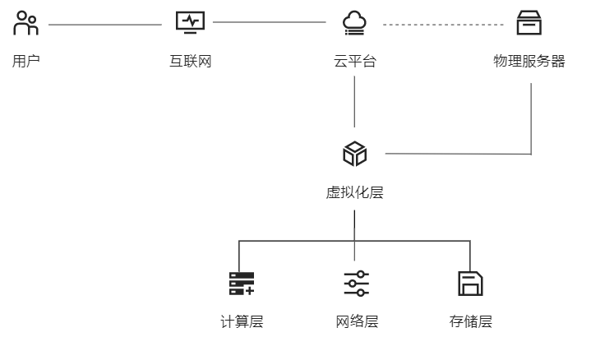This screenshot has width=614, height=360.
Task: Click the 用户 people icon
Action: [x=26, y=24]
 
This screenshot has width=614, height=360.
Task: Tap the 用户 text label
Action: [x=26, y=61]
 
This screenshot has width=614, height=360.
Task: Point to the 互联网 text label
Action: [x=191, y=61]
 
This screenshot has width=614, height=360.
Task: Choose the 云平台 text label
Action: [x=355, y=61]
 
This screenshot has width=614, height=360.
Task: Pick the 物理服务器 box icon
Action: [x=529, y=23]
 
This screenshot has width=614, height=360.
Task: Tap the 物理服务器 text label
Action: [x=529, y=61]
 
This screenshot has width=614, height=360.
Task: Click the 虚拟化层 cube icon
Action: [x=355, y=154]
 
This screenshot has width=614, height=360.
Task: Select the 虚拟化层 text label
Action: [x=355, y=193]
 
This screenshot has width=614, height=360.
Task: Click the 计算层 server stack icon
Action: [x=242, y=284]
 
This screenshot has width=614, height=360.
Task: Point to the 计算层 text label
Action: [x=242, y=321]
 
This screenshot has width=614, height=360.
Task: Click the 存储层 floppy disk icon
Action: [x=470, y=284]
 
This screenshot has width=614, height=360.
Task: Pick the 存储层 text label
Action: [x=470, y=321]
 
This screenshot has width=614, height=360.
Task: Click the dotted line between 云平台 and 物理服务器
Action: [x=442, y=25]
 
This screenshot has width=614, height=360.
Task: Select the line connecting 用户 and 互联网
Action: [x=105, y=25]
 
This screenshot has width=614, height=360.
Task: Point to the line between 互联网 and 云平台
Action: [x=270, y=23]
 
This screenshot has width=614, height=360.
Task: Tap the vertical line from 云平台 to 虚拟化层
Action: [x=355, y=102]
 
